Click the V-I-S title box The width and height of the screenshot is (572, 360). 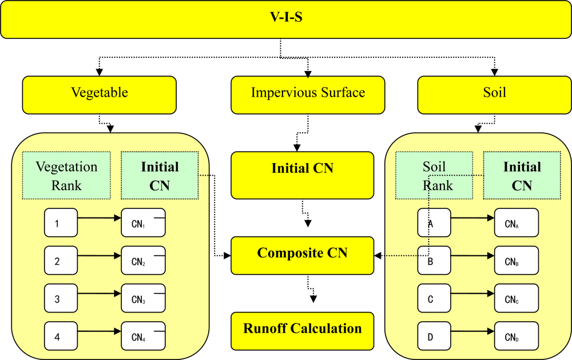285,19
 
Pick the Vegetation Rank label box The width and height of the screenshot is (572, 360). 66,176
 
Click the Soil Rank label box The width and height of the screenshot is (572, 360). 438,176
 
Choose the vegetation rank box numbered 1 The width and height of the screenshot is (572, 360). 61,223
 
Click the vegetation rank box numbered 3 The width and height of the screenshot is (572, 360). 61,299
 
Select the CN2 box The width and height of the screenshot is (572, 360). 143,261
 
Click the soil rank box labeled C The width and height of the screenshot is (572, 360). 434,299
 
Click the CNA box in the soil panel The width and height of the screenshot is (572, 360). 517,223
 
